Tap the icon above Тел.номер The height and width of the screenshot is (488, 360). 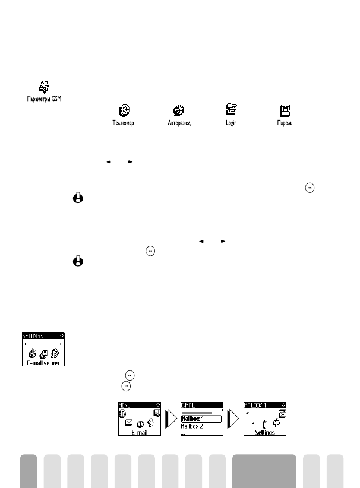pos(124,110)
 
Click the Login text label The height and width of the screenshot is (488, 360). pos(231,123)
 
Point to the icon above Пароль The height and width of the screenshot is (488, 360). pos(284,110)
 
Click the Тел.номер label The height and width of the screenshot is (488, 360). pos(124,123)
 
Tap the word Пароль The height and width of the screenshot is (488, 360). pos(284,123)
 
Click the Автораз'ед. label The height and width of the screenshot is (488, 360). pos(179,123)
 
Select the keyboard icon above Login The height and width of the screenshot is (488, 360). pos(231,110)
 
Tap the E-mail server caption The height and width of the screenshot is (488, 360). pos(42,362)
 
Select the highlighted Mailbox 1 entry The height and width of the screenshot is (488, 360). pos(200,418)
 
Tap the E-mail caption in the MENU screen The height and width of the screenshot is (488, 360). pos(138,433)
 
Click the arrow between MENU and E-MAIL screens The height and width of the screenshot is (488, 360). pos(171,420)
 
